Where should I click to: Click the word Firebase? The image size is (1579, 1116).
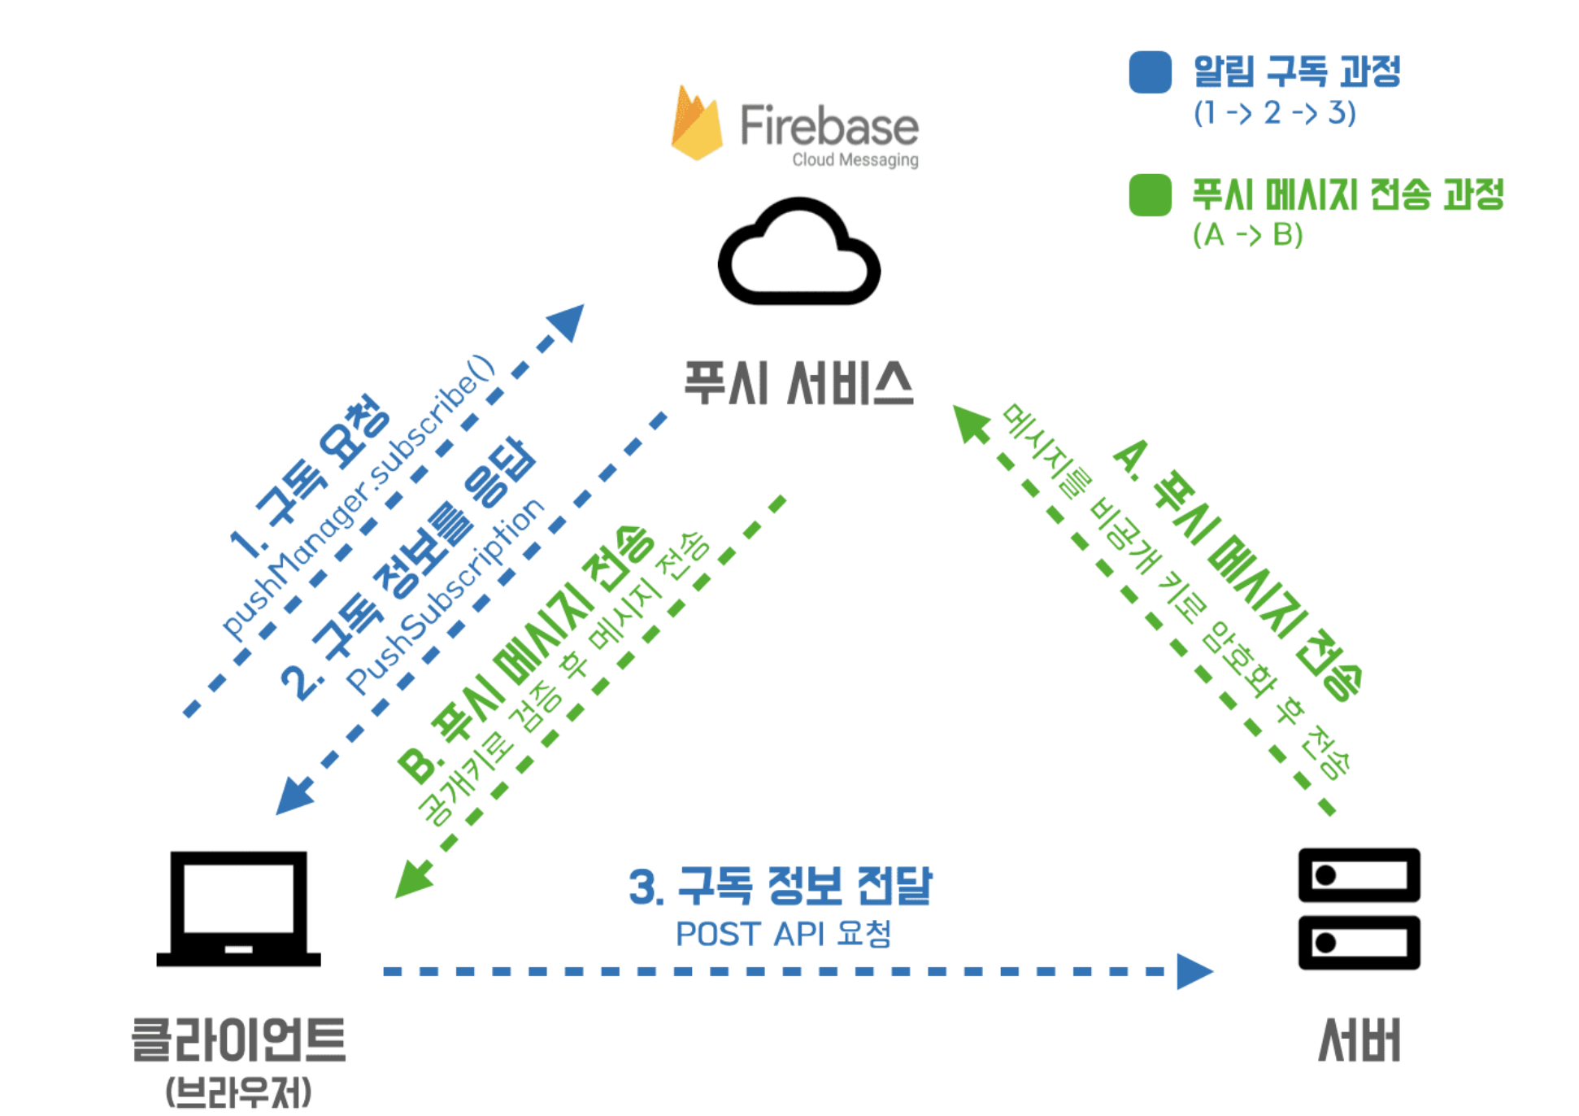829,126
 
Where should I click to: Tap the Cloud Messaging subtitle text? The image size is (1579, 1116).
855,160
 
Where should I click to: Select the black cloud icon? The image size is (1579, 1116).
798,253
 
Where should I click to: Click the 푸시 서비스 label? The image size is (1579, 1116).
798,383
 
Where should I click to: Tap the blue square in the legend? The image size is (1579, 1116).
1150,72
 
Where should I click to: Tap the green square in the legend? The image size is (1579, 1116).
1150,195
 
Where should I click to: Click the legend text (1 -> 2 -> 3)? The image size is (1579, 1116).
1274,113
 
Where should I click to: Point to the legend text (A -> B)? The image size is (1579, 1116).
1247,235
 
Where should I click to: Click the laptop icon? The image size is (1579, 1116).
238,909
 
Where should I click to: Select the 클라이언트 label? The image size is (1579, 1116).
238,1040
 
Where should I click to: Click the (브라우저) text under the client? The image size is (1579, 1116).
238,1092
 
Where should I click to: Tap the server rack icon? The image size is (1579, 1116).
1358,909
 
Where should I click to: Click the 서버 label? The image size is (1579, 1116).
1359,1040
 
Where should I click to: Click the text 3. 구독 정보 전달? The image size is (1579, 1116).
780,886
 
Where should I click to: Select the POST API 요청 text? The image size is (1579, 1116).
783,934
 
